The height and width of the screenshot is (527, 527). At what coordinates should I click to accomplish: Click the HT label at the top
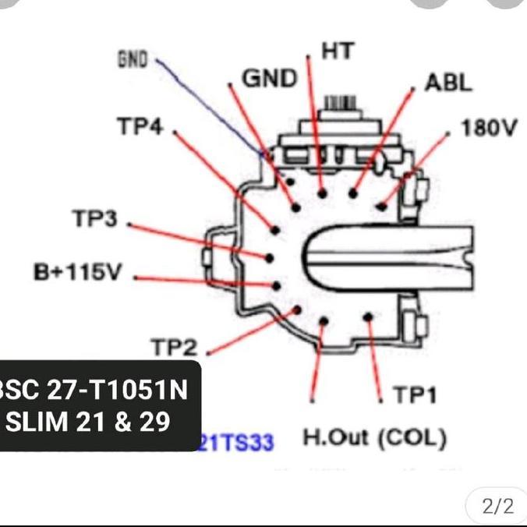pos(338,51)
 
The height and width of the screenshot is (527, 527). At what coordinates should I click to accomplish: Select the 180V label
pos(488,128)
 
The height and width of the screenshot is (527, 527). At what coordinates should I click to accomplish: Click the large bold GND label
pos(270,79)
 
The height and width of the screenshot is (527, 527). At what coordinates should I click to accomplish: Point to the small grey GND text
pos(132,60)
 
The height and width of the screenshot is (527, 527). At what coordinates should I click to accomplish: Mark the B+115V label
pos(77,274)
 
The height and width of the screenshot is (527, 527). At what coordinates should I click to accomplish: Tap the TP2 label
pos(175,348)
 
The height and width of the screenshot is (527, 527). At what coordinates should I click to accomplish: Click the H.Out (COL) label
pos(374,437)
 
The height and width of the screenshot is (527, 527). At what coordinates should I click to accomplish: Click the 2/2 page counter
pos(497,507)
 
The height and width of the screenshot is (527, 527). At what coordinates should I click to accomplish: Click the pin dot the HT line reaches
pos(321,191)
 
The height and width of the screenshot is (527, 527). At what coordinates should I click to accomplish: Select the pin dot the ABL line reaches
pos(353,193)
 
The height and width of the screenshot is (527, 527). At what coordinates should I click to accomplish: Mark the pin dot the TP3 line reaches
pos(269,257)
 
